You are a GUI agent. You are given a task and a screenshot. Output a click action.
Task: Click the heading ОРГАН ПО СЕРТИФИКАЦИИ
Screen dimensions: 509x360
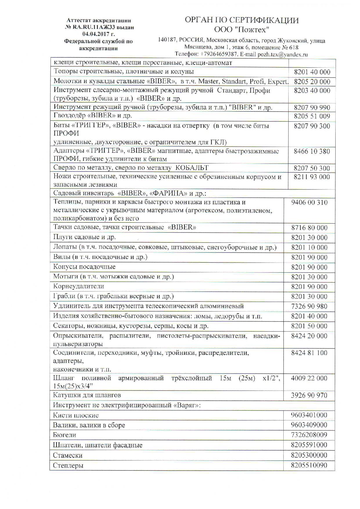pos(242,20)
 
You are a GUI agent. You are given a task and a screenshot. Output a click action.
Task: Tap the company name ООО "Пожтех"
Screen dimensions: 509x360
pos(242,30)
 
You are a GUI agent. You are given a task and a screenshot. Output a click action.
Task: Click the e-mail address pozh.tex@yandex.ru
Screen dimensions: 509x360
pos(282,54)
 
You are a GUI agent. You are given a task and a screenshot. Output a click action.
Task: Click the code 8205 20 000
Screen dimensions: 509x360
pos(312,82)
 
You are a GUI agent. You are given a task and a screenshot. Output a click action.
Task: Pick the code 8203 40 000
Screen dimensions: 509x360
pos(312,91)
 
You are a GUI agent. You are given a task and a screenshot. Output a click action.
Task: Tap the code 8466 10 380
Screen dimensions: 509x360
pos(312,151)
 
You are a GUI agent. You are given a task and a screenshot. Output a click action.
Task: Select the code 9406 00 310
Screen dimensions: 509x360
pos(309,202)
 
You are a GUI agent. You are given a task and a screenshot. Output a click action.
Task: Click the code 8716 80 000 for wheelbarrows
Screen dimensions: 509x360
pos(309,228)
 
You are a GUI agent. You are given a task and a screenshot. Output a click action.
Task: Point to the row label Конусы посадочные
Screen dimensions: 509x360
pos(84,267)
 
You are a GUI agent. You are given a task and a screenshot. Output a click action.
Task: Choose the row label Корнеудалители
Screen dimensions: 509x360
pos(78,286)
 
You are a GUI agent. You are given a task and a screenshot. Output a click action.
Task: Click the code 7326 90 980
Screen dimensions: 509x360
pos(309,306)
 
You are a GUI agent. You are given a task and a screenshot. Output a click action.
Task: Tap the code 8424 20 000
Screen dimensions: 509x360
pos(309,336)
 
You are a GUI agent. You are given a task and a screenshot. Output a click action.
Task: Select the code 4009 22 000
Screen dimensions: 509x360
pos(309,378)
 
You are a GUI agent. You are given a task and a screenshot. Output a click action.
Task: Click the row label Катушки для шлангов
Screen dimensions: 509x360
pos(87,395)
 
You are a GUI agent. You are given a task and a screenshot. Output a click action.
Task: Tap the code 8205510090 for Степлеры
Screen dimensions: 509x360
pos(309,465)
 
